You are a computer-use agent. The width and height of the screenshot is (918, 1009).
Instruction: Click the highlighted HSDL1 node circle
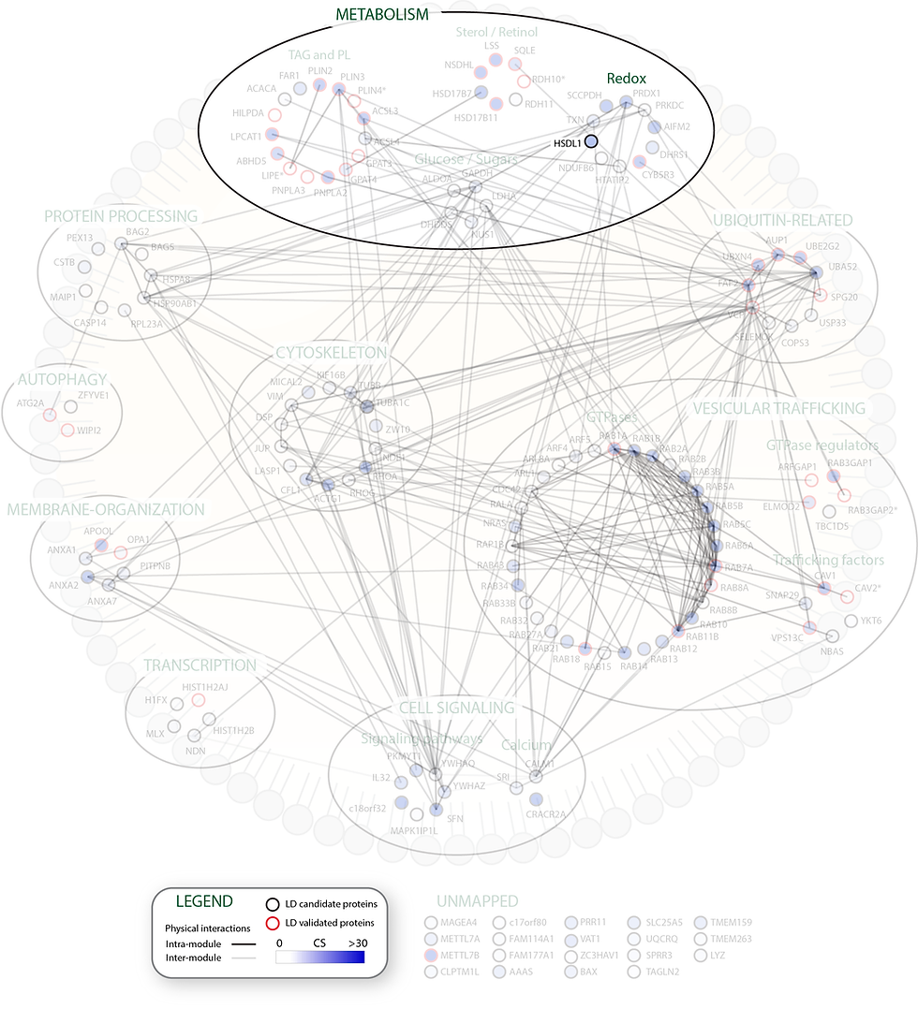pyautogui.click(x=591, y=141)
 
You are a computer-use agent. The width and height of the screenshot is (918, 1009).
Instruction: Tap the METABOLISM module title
pyautogui.click(x=381, y=14)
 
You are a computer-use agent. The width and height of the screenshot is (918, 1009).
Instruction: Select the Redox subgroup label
pyautogui.click(x=626, y=80)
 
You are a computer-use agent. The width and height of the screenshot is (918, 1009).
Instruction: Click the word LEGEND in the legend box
pyautogui.click(x=205, y=901)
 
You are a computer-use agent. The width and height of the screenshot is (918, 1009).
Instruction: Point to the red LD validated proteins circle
pyautogui.click(x=271, y=924)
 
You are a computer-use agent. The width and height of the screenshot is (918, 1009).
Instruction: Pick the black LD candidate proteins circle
pyautogui.click(x=271, y=903)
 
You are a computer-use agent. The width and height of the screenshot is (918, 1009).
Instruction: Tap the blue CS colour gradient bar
pyautogui.click(x=319, y=958)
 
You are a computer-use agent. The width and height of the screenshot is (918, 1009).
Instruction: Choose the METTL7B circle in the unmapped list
pyautogui.click(x=430, y=956)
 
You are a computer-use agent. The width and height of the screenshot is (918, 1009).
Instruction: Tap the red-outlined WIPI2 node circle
pyautogui.click(x=67, y=430)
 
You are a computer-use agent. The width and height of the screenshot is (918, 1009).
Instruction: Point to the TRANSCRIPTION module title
pyautogui.click(x=200, y=665)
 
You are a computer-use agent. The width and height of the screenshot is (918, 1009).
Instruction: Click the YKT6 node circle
pyautogui.click(x=851, y=621)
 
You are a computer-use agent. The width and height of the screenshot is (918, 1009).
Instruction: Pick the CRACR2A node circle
pyautogui.click(x=536, y=799)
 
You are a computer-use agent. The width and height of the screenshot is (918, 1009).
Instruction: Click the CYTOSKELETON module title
pyautogui.click(x=331, y=353)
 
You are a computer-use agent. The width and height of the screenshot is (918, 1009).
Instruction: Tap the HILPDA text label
pyautogui.click(x=240, y=112)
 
